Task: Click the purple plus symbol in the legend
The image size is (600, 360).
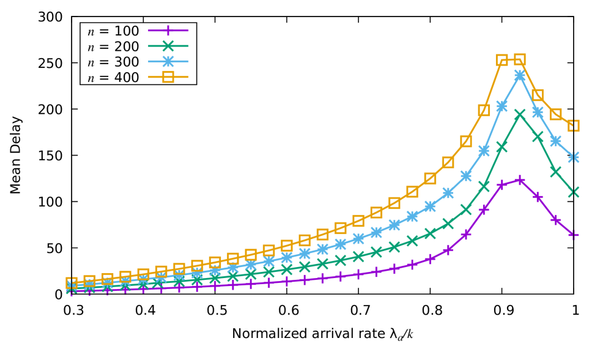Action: click(x=168, y=30)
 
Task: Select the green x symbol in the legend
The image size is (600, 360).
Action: click(x=168, y=46)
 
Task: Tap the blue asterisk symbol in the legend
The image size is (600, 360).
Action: click(x=168, y=61)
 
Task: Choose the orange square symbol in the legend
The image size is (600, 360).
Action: click(x=168, y=77)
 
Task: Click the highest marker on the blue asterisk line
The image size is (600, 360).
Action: click(x=519, y=75)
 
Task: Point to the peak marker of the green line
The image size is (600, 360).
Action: click(x=519, y=114)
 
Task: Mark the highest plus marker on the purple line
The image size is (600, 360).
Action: click(x=520, y=180)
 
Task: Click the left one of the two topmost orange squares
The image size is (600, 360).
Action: click(x=502, y=60)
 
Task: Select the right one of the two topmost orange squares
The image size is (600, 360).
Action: click(x=519, y=59)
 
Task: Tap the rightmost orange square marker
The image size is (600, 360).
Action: click(x=573, y=125)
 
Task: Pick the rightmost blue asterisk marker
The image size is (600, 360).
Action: click(x=573, y=157)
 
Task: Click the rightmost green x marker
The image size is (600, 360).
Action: click(x=573, y=192)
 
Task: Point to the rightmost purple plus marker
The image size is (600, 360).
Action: click(x=573, y=235)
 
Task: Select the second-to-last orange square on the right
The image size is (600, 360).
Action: click(x=555, y=114)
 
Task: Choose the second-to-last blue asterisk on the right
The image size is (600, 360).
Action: click(x=555, y=141)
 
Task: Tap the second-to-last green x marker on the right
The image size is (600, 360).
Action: click(x=555, y=172)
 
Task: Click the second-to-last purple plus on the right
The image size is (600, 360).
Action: click(x=555, y=219)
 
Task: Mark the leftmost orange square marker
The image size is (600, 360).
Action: click(x=72, y=283)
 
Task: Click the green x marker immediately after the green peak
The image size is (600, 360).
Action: click(x=538, y=137)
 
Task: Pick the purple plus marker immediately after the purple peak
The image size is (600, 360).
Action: click(x=538, y=196)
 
